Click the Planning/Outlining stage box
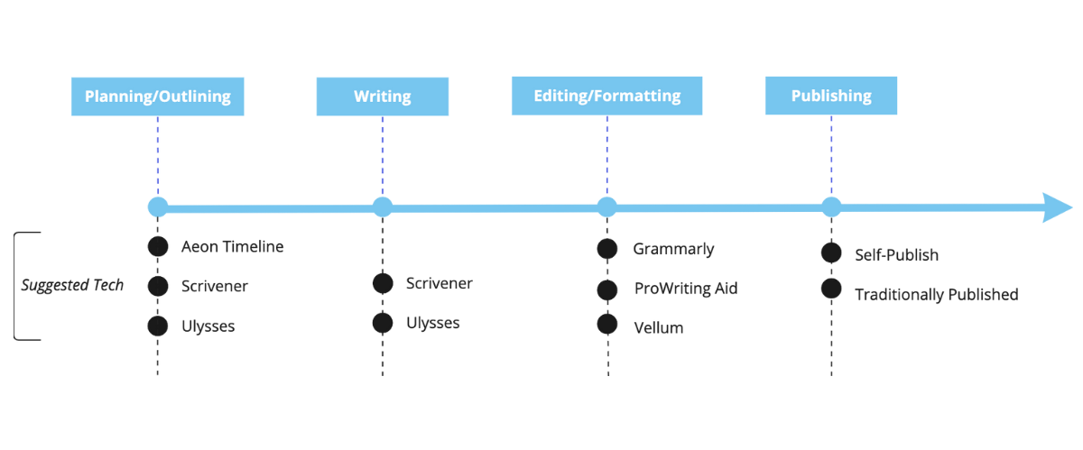click(157, 96)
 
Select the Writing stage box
click(382, 96)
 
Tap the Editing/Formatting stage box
click(606, 96)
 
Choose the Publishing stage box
click(830, 96)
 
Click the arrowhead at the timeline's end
click(1056, 207)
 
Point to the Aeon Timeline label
click(232, 247)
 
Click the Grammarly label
click(673, 249)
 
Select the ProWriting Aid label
click(685, 289)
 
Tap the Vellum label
click(658, 328)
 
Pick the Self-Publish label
click(896, 255)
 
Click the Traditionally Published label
click(936, 295)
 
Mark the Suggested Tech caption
click(72, 286)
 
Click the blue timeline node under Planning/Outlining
click(158, 207)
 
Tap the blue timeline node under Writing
click(383, 207)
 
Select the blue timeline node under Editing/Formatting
click(606, 207)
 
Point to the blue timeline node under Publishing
click(830, 207)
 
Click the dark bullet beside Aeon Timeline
click(158, 247)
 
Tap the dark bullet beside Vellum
click(606, 325)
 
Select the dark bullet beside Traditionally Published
click(831, 289)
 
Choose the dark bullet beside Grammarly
click(606, 249)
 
